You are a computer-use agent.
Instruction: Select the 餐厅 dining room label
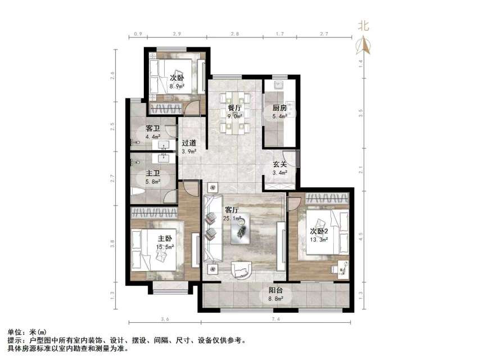[234, 107]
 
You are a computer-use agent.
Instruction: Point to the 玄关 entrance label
[280, 165]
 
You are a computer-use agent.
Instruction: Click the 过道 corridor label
[189, 143]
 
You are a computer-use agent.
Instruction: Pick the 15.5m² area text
[165, 246]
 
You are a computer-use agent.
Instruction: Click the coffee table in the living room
[243, 230]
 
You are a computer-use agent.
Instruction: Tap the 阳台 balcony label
[275, 291]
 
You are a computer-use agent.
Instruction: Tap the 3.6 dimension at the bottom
[165, 319]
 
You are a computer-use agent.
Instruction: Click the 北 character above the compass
[364, 25]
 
